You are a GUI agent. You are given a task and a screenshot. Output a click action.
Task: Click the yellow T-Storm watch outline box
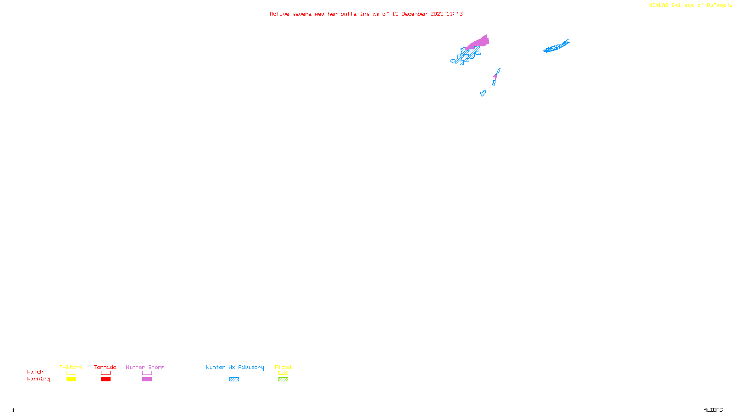(x=71, y=373)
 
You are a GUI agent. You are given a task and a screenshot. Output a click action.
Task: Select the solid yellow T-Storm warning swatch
(x=71, y=380)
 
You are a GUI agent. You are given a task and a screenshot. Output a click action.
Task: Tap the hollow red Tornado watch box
(x=106, y=373)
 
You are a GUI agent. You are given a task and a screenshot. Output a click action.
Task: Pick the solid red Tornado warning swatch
(x=106, y=380)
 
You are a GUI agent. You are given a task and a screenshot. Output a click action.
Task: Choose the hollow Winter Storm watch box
(x=147, y=373)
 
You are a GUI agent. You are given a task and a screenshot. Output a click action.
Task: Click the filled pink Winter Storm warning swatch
(x=147, y=380)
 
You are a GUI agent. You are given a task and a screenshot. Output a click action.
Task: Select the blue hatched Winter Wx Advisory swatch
(x=234, y=380)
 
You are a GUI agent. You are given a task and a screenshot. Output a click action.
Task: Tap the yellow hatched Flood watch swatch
(x=283, y=373)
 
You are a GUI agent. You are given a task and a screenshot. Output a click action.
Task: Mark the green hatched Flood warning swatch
(x=283, y=380)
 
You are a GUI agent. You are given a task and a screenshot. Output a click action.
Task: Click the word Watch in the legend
(x=35, y=372)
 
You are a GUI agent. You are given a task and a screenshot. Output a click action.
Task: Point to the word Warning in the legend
(x=38, y=379)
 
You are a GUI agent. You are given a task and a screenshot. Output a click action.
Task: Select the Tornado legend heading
(x=105, y=367)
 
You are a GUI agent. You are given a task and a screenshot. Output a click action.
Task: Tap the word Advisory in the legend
(x=251, y=367)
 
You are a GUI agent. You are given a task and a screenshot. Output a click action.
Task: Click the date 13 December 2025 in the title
(x=417, y=14)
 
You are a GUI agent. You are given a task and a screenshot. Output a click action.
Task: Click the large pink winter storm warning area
(x=479, y=42)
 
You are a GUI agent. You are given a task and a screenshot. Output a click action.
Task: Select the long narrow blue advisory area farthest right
(x=556, y=46)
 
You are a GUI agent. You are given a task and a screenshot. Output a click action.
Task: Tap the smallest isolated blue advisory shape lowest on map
(x=483, y=94)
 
